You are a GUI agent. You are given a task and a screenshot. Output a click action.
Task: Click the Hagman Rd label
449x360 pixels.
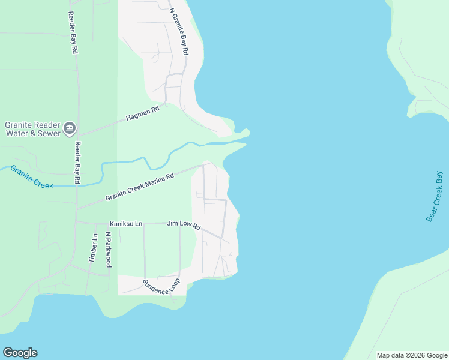(x=142, y=113)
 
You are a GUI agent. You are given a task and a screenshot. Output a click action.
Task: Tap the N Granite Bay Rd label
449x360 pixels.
(x=179, y=32)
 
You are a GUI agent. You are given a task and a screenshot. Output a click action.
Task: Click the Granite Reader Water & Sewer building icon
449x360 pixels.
(x=70, y=127)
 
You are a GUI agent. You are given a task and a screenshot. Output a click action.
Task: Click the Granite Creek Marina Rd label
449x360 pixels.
(x=139, y=187)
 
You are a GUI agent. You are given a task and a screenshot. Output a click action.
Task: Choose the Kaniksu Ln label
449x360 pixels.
(x=125, y=224)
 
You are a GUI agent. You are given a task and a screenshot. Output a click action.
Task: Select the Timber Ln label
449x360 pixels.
(x=92, y=248)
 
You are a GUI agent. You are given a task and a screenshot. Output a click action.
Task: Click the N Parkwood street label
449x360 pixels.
(x=109, y=250)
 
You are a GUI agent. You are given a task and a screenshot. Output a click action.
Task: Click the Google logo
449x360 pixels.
(x=20, y=353)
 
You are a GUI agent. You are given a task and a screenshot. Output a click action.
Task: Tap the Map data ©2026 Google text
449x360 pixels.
(x=411, y=355)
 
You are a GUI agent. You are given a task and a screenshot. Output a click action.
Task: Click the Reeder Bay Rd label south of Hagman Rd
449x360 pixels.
(x=77, y=163)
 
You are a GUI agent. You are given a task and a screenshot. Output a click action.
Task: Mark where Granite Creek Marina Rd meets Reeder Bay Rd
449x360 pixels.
(x=77, y=208)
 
